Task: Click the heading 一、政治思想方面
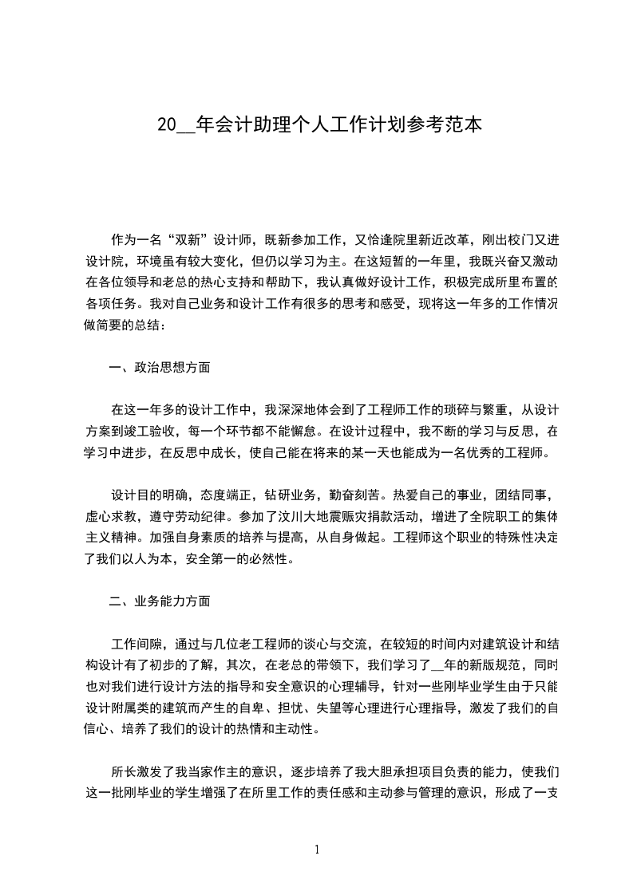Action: (x=160, y=368)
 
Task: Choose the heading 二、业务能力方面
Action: (x=160, y=601)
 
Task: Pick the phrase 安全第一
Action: (x=216, y=559)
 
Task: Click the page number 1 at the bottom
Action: (x=317, y=850)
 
